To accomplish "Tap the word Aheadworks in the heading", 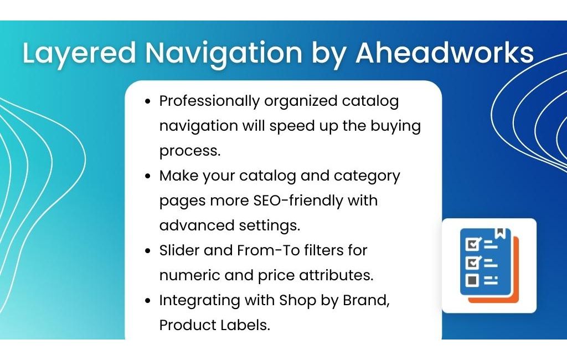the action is (x=445, y=53).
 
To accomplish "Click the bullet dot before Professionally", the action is (x=147, y=101).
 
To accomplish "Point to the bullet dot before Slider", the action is (x=147, y=251).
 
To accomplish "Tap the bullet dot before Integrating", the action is (x=147, y=301).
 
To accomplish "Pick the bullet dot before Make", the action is (x=147, y=176).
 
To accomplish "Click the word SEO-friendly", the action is (x=298, y=201).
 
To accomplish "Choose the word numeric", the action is (x=189, y=275).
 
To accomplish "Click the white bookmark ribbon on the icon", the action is (x=500, y=233).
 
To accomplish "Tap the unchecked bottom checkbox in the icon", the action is (x=472, y=280).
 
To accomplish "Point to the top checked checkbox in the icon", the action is (x=472, y=244).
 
